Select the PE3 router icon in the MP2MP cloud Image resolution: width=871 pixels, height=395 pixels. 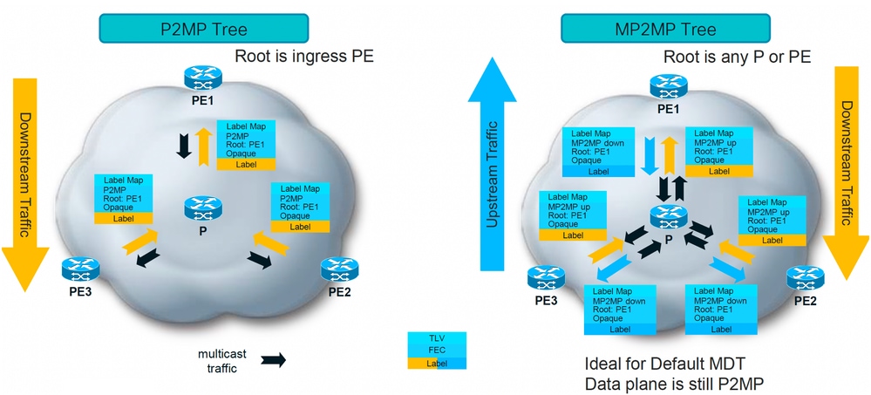tap(545, 278)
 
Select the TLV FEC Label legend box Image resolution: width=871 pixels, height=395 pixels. tap(437, 350)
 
